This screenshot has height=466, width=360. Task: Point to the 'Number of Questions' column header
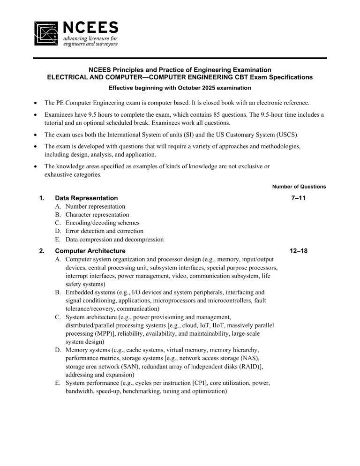tap(299, 187)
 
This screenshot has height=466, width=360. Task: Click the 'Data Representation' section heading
tap(86, 198)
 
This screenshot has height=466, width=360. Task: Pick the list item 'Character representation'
tap(97, 215)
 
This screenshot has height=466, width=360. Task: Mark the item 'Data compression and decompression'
tap(114, 240)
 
